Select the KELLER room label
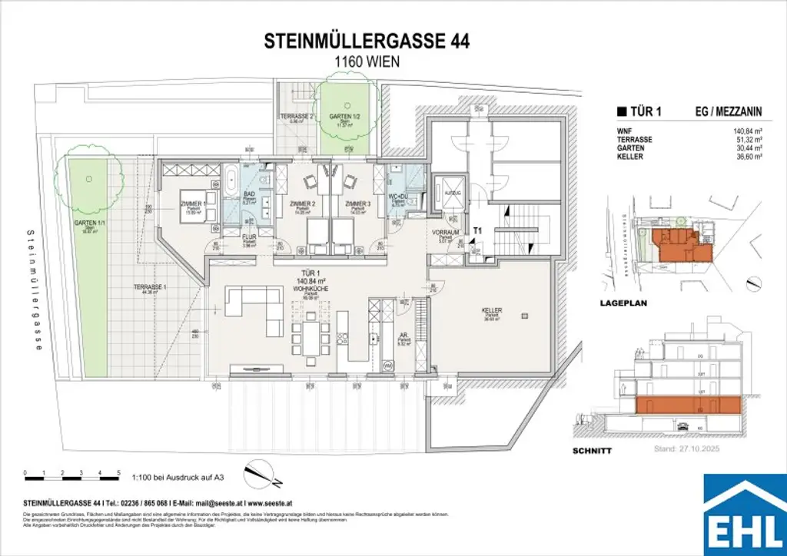point(492,311)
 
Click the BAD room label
point(249,194)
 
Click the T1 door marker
point(477,229)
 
